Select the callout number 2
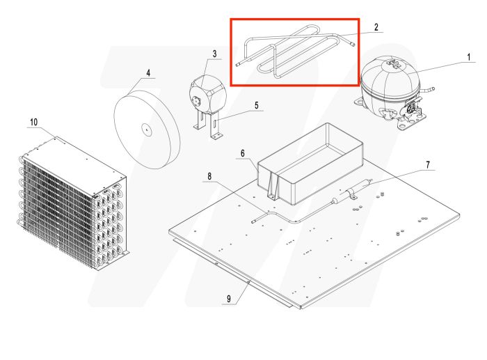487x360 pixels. point(376,27)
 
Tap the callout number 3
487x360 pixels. point(214,54)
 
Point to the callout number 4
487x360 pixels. point(147,72)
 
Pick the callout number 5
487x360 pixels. point(256,106)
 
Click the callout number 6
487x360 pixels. point(243,152)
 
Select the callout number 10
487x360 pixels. point(33,122)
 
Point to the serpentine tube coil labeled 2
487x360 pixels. point(292,52)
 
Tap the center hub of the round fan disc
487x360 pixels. point(147,129)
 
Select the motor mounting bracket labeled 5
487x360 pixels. point(208,129)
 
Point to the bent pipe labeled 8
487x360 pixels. point(278,218)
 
